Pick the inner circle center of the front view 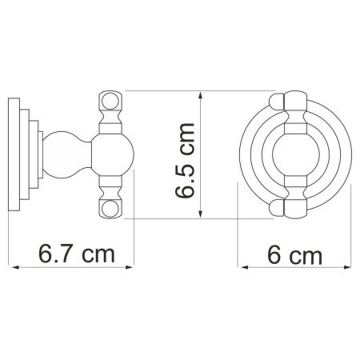point(293,156)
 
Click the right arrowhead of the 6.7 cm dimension point(133,270)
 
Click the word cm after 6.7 point(98,256)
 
